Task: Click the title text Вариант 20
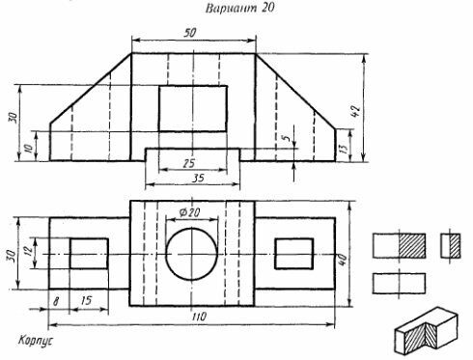[239, 8]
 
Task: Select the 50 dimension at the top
[189, 33]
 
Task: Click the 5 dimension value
[287, 138]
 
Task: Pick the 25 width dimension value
[189, 163]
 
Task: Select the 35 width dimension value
[199, 178]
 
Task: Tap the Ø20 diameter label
[190, 212]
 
